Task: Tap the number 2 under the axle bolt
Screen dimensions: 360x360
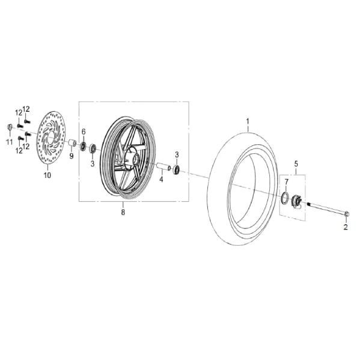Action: (346, 227)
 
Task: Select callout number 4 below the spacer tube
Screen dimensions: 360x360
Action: (161, 179)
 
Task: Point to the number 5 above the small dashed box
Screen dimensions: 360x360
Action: (295, 163)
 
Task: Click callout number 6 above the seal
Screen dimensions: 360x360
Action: (84, 132)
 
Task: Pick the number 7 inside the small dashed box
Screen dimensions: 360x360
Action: (286, 181)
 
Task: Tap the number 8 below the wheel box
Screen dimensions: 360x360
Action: (123, 212)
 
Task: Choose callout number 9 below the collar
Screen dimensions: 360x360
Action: (71, 156)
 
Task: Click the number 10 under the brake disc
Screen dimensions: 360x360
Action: (47, 175)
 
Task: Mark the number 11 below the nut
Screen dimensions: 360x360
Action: (9, 141)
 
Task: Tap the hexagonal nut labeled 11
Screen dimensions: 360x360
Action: (10, 127)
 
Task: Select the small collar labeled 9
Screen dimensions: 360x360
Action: (71, 144)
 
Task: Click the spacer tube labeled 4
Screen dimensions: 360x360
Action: (163, 165)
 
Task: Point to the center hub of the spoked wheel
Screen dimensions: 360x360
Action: (133, 160)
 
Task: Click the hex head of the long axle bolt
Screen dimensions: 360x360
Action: (349, 213)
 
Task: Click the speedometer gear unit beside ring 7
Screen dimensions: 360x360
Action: (296, 202)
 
